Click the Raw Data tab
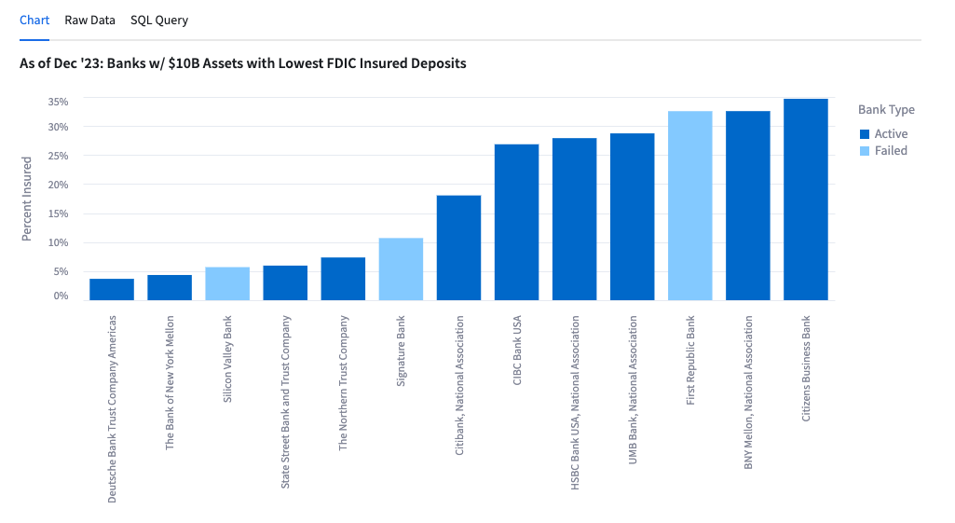(89, 20)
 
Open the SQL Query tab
(158, 20)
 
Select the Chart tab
(34, 20)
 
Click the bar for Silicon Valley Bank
(227, 283)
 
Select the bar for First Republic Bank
(690, 205)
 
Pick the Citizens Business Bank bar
(806, 200)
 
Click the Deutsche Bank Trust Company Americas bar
(112, 289)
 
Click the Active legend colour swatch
(865, 134)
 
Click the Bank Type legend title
(886, 110)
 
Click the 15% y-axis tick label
(59, 213)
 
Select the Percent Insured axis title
(27, 199)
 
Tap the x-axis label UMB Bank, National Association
(633, 391)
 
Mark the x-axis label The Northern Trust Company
(343, 382)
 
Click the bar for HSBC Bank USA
(574, 219)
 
